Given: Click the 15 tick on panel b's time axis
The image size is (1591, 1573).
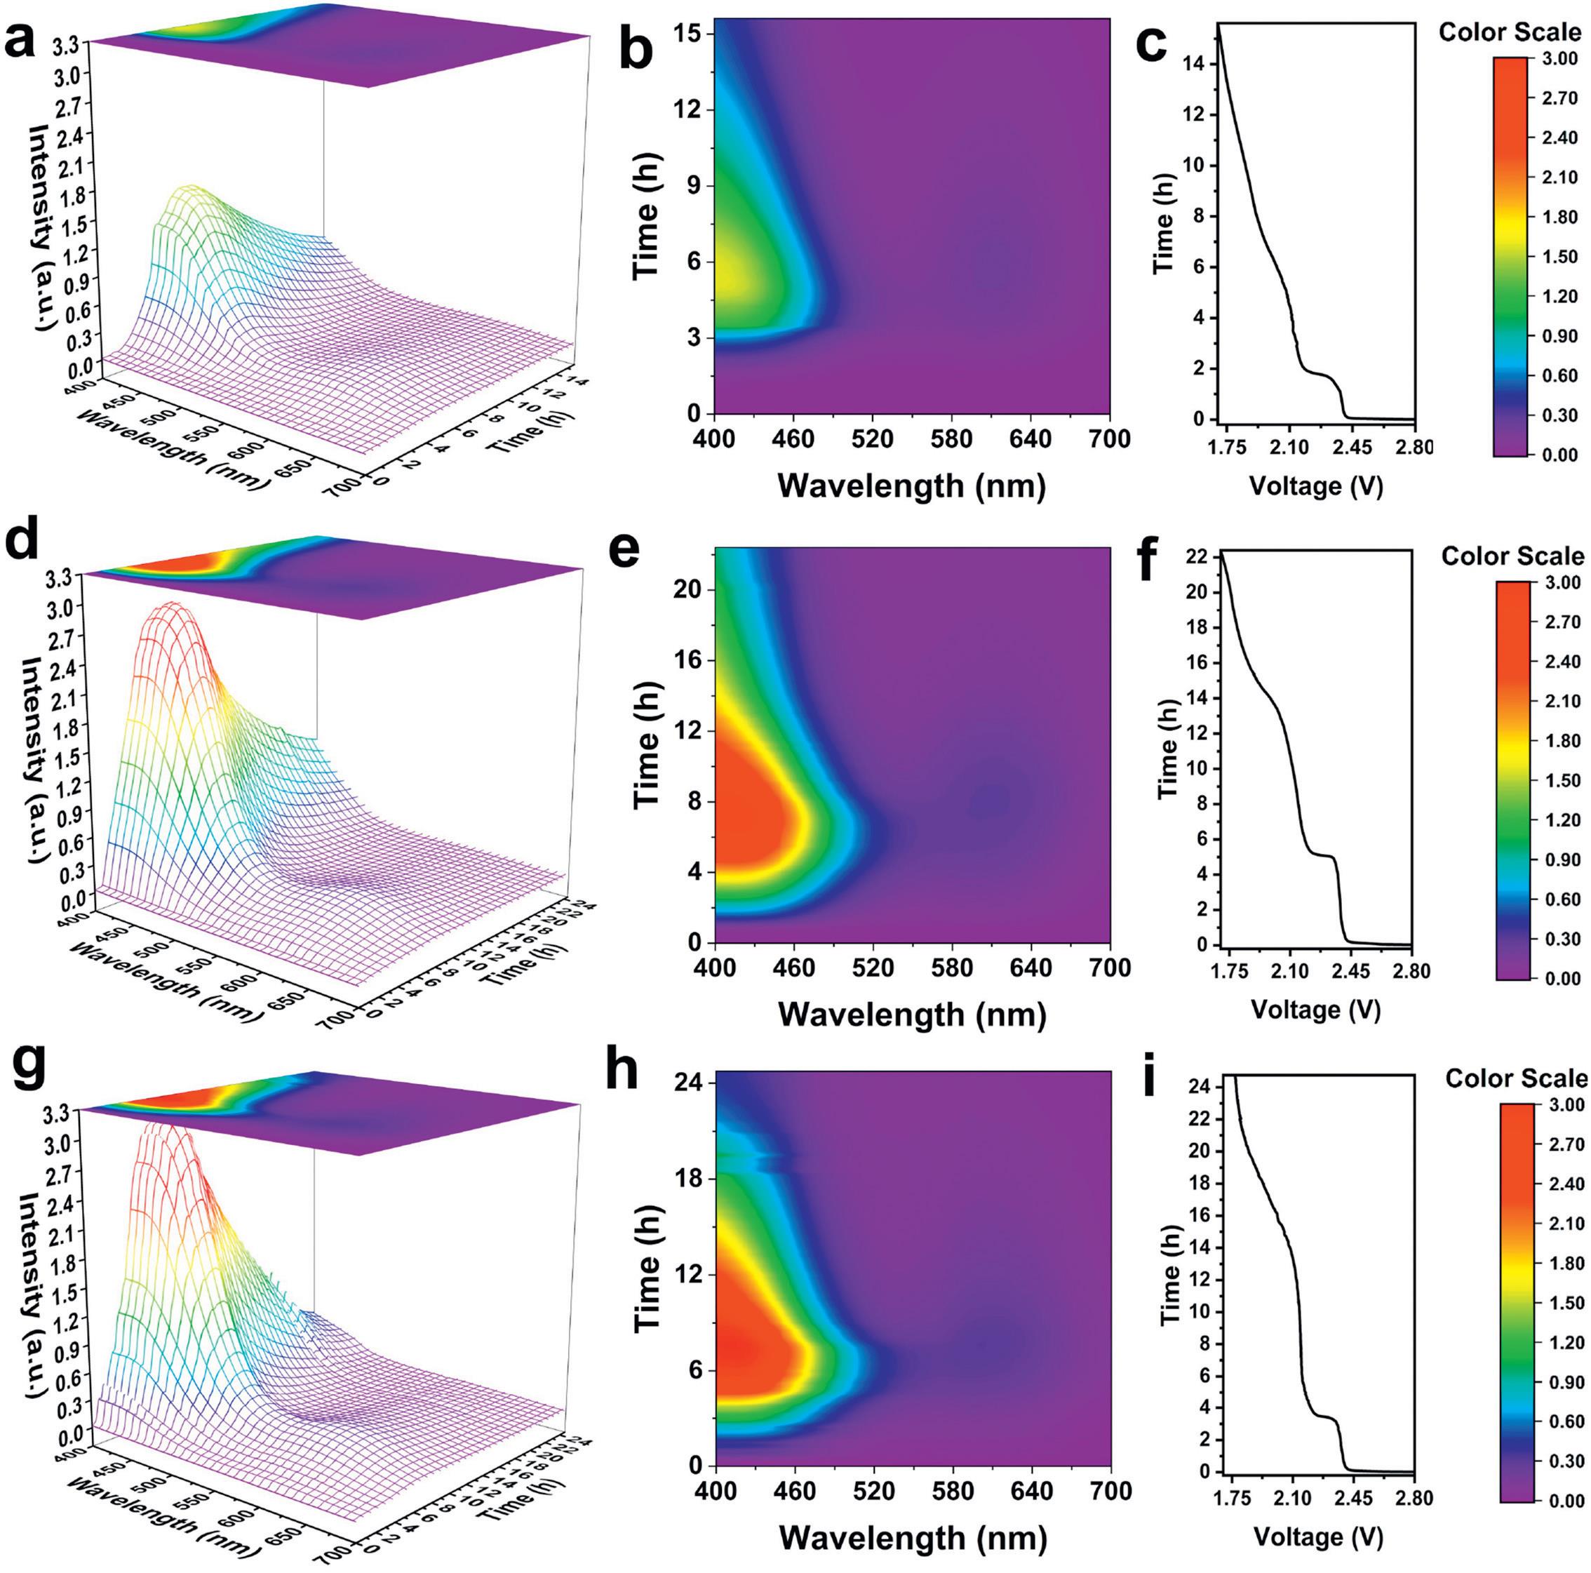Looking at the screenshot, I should point(683,32).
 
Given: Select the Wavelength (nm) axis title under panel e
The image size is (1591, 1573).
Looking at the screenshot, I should point(912,1014).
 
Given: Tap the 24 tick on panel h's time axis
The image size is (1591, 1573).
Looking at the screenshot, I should point(683,1084).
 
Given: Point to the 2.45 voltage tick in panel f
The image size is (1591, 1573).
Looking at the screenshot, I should point(1350,972).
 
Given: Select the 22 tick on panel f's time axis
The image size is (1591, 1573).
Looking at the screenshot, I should point(1199,558).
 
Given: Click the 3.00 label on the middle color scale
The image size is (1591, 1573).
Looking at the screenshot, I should point(1562,583).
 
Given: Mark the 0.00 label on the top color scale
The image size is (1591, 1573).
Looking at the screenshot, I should point(1561,455).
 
